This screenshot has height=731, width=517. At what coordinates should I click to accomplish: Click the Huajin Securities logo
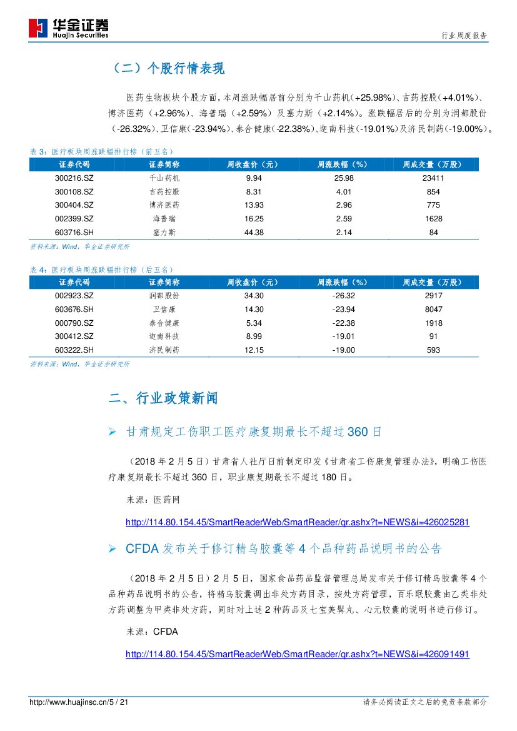69,28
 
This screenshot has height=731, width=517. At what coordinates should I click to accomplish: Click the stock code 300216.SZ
74,178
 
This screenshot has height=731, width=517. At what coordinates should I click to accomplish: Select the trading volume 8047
433,310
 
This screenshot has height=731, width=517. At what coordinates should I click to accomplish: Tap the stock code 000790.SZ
74,323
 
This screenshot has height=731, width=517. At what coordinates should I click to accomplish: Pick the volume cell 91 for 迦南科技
433,336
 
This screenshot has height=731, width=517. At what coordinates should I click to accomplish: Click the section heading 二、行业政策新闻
164,398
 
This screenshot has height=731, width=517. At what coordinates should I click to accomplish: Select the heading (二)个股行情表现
167,69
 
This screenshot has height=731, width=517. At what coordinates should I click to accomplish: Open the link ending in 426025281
297,522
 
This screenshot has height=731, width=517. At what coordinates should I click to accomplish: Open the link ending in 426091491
297,654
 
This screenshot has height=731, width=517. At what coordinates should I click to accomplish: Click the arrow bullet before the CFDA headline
113,549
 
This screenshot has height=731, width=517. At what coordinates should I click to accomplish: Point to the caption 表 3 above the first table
38,152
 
